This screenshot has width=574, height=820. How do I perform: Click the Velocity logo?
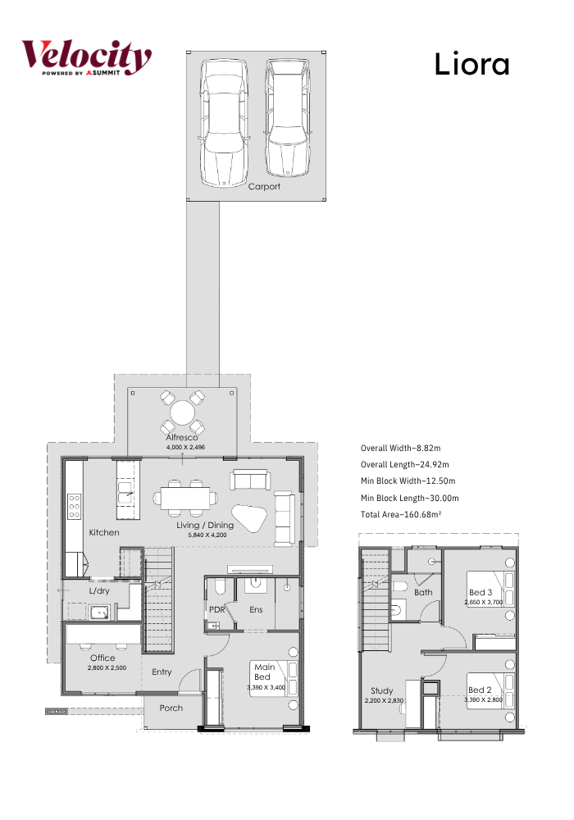click(86, 57)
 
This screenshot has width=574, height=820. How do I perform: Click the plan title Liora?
click(471, 64)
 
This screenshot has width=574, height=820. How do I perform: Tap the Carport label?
click(264, 186)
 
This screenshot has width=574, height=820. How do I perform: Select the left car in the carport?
click(224, 122)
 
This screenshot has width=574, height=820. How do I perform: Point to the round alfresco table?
click(182, 412)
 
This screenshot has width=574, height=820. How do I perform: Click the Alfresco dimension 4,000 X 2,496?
click(185, 447)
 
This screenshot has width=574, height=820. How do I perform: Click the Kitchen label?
click(104, 532)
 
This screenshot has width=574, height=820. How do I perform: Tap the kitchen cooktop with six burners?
click(74, 507)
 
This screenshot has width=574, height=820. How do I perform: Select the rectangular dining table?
click(185, 499)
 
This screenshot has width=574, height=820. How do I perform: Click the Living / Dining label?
click(205, 525)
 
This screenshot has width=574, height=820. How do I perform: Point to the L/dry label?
click(99, 591)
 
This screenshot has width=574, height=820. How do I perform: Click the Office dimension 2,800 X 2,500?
click(107, 667)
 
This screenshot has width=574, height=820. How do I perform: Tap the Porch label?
click(171, 708)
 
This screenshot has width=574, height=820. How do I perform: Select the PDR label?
click(217, 609)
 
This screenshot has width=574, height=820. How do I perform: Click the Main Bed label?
click(264, 672)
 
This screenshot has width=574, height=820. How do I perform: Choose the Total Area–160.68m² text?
click(401, 515)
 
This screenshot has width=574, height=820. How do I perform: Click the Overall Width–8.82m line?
click(400, 449)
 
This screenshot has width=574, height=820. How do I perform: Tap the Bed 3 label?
click(481, 593)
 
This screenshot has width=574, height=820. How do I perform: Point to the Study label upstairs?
click(382, 690)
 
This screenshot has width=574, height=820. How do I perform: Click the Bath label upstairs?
click(423, 593)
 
